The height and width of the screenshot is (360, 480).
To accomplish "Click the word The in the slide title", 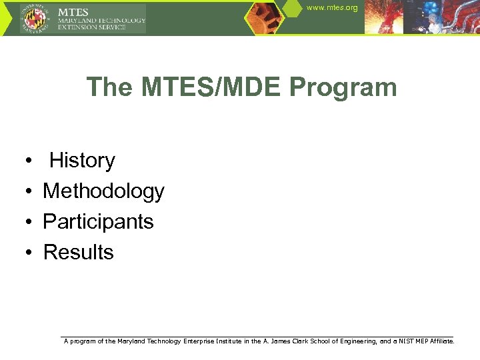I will click(x=109, y=87).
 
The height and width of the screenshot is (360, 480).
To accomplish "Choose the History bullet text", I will click(x=82, y=161).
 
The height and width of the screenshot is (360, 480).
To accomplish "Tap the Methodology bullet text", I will click(x=103, y=191).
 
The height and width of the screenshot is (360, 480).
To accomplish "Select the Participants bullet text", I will click(x=98, y=222).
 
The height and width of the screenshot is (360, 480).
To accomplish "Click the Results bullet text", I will click(x=78, y=253).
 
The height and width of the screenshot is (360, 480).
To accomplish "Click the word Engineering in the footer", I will click(x=357, y=341).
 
